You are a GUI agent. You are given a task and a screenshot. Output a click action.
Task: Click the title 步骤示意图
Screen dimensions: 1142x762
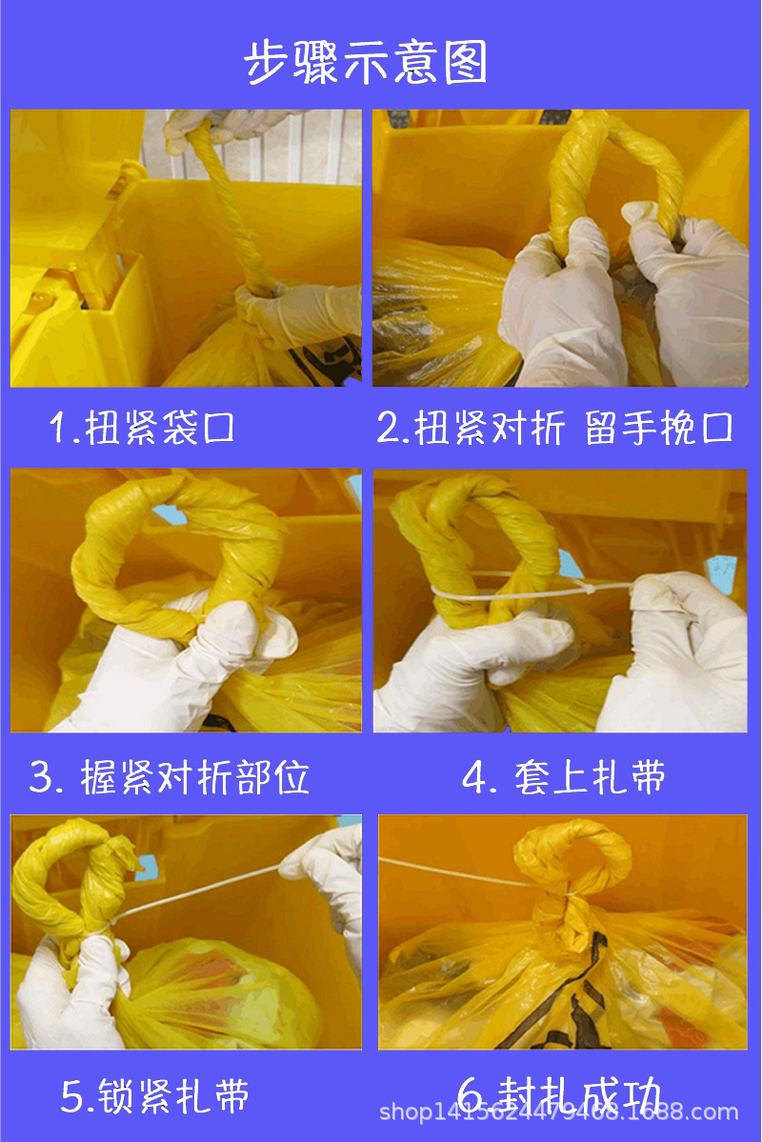(x=367, y=64)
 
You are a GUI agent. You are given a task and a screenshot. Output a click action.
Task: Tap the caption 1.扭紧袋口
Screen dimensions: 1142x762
(x=143, y=429)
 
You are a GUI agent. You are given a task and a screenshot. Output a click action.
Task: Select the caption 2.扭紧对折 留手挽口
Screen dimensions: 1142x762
(x=555, y=429)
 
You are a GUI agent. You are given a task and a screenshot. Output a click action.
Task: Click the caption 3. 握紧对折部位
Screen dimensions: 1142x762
(x=170, y=778)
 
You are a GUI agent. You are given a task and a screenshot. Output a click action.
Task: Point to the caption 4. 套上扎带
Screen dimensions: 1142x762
(x=563, y=778)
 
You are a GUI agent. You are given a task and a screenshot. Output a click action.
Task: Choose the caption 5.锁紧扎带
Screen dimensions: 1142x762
(x=155, y=1096)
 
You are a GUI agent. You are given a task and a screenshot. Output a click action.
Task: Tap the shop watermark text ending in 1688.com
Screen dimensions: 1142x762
(x=559, y=1112)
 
